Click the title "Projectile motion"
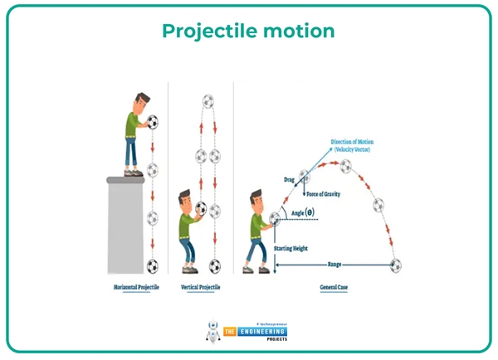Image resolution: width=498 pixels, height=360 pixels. pos(248,32)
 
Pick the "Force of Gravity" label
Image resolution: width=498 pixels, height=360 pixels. pos(326,194)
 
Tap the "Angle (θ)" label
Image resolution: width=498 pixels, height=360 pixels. pos(303,212)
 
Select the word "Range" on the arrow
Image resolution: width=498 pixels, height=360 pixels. pos(334,264)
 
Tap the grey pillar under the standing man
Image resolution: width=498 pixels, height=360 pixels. pos(132,224)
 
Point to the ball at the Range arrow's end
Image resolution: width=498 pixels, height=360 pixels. pos(397,265)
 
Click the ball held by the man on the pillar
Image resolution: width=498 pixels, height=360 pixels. pos(153,124)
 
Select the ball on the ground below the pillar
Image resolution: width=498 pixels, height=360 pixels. pos(153,266)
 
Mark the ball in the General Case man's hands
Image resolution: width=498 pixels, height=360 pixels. pos(275,219)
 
